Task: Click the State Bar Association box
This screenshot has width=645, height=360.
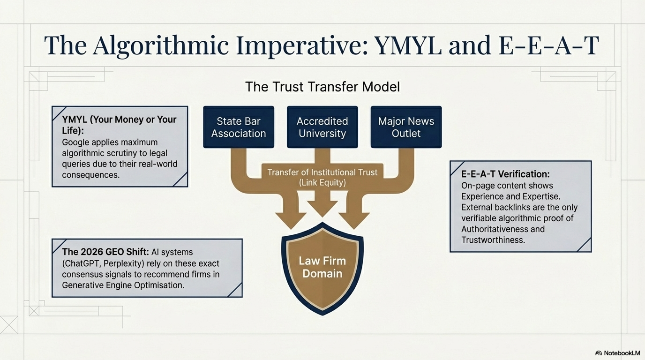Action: click(238, 127)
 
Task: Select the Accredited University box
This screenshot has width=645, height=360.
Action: click(322, 127)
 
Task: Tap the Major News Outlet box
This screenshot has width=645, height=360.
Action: click(406, 127)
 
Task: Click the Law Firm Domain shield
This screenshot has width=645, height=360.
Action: click(322, 267)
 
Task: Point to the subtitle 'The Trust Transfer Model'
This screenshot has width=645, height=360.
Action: click(322, 87)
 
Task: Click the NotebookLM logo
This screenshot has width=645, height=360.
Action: click(617, 352)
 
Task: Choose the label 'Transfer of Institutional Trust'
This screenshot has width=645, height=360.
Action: click(322, 172)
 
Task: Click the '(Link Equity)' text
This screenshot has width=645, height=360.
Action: click(322, 183)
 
